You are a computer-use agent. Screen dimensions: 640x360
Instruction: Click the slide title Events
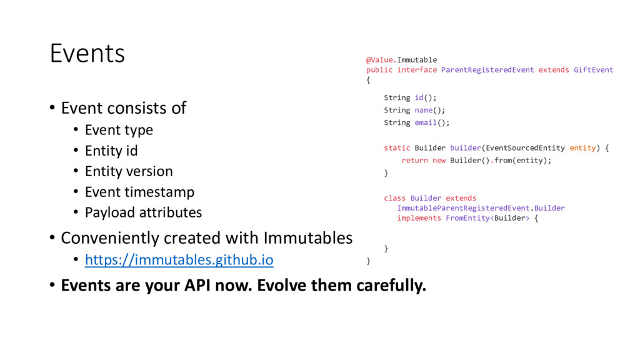point(87,54)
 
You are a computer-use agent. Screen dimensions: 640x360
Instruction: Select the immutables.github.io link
point(179,259)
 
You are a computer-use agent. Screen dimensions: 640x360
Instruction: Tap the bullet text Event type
point(119,130)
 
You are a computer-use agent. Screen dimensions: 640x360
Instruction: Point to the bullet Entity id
point(111,151)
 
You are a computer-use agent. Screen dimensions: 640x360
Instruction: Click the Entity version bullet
point(129,171)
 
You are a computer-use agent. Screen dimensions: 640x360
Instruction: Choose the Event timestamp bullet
point(139,192)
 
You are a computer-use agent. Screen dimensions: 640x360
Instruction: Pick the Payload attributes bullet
point(143,212)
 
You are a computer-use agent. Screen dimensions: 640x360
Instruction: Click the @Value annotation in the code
point(380,60)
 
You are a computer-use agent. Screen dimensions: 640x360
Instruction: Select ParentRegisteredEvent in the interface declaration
point(487,70)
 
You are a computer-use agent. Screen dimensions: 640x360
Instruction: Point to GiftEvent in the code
point(594,70)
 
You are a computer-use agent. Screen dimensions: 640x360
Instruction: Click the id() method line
point(410,97)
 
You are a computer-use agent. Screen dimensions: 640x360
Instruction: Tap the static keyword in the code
point(397,148)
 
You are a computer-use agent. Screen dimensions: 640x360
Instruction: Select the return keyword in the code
point(414,161)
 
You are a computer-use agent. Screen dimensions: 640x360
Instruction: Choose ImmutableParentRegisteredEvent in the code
point(464,208)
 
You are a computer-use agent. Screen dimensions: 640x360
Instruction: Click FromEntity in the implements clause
point(466,218)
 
